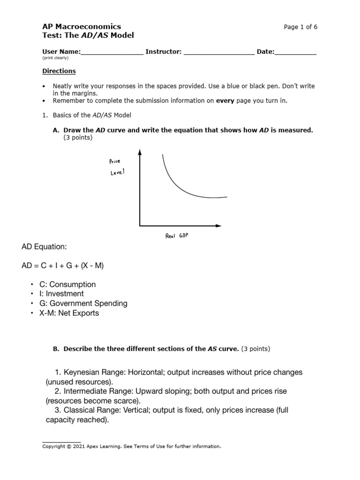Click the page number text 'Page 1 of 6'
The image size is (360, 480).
(x=300, y=27)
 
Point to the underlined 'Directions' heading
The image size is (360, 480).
(x=59, y=71)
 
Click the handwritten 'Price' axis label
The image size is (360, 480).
(x=114, y=161)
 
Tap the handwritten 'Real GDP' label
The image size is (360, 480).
(x=177, y=236)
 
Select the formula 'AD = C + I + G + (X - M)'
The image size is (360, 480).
(x=63, y=266)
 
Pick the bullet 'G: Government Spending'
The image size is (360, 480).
(x=82, y=303)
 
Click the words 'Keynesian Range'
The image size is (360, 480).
(x=92, y=372)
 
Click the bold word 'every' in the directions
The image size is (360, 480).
(x=225, y=100)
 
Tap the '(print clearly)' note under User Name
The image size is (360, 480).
(x=55, y=58)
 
